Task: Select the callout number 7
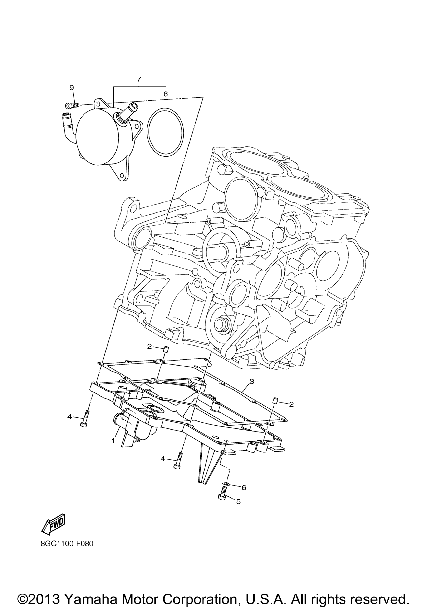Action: click(139, 79)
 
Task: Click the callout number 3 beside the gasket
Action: click(251, 382)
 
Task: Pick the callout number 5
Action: click(238, 501)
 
